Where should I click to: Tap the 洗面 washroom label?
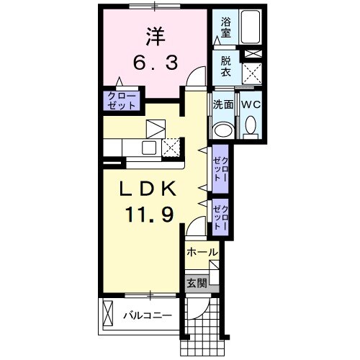tap(222, 104)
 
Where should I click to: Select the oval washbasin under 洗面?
tap(223, 130)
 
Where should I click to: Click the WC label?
tap(250, 104)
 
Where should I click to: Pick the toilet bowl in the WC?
tap(250, 128)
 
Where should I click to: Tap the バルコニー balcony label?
tap(148, 315)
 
